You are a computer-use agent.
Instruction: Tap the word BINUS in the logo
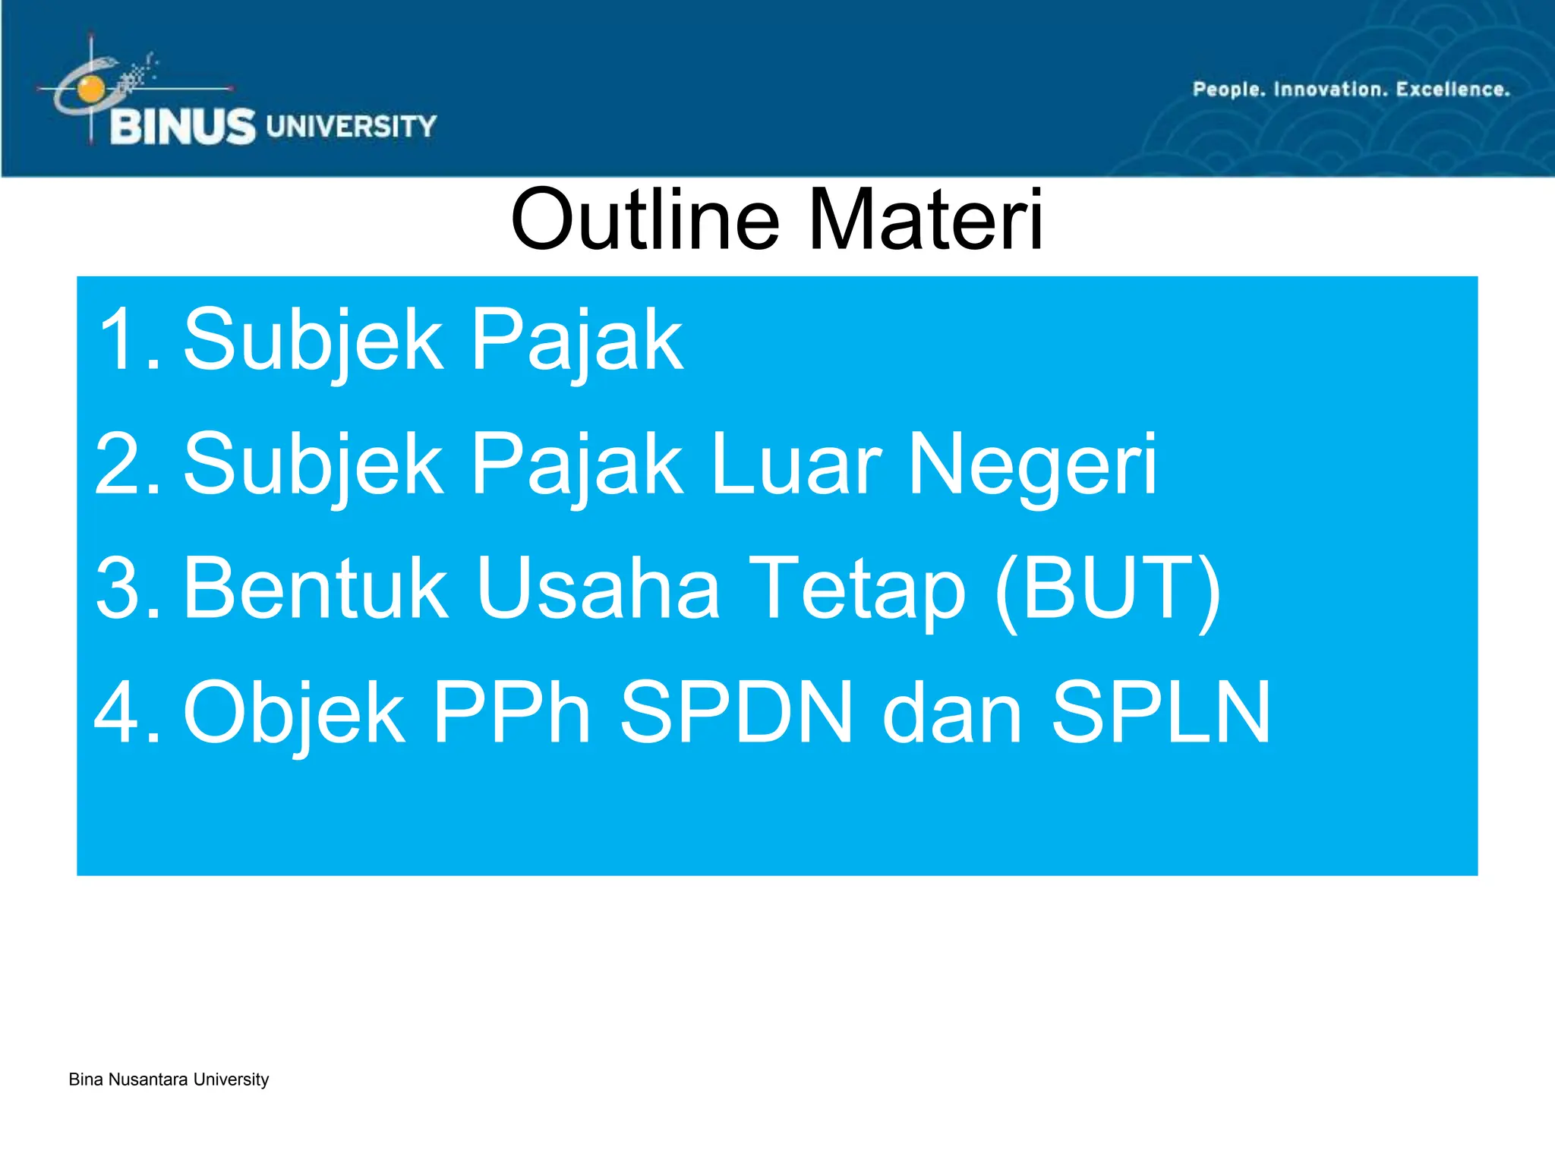tap(183, 127)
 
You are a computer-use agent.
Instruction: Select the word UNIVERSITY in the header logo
tap(352, 126)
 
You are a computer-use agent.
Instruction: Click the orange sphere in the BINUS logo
tap(91, 89)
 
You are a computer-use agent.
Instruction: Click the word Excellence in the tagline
tap(1452, 90)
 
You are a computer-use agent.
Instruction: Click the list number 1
tap(125, 339)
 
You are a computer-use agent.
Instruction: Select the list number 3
tap(125, 588)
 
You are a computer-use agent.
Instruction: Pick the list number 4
tap(125, 713)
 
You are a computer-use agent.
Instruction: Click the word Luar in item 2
tap(796, 464)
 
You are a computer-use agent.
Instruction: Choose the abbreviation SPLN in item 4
tap(1160, 713)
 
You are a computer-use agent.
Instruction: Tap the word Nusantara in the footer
tap(148, 1079)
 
